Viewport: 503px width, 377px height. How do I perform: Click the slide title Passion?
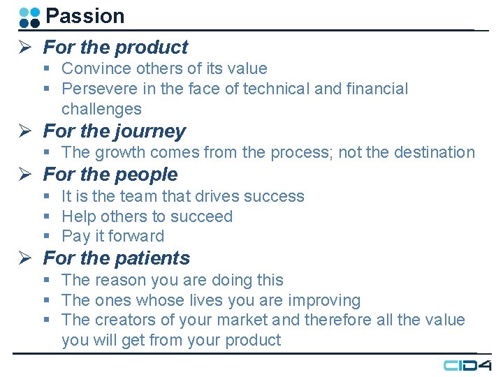[85, 16]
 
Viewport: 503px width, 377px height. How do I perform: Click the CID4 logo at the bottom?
[467, 365]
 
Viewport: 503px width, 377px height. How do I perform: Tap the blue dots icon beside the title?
[29, 17]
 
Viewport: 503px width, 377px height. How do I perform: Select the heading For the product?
[115, 47]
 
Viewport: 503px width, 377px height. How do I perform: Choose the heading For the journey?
[115, 131]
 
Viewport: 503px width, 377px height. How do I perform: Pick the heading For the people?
[110, 175]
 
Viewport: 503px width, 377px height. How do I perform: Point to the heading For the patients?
[117, 258]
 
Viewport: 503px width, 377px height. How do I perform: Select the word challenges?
[101, 109]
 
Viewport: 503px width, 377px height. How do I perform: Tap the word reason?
[119, 280]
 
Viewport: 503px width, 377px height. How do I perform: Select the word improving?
[324, 301]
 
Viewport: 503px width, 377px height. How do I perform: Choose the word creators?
[124, 320]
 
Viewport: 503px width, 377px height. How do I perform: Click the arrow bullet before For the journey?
[23, 131]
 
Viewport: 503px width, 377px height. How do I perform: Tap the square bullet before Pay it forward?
[46, 237]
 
